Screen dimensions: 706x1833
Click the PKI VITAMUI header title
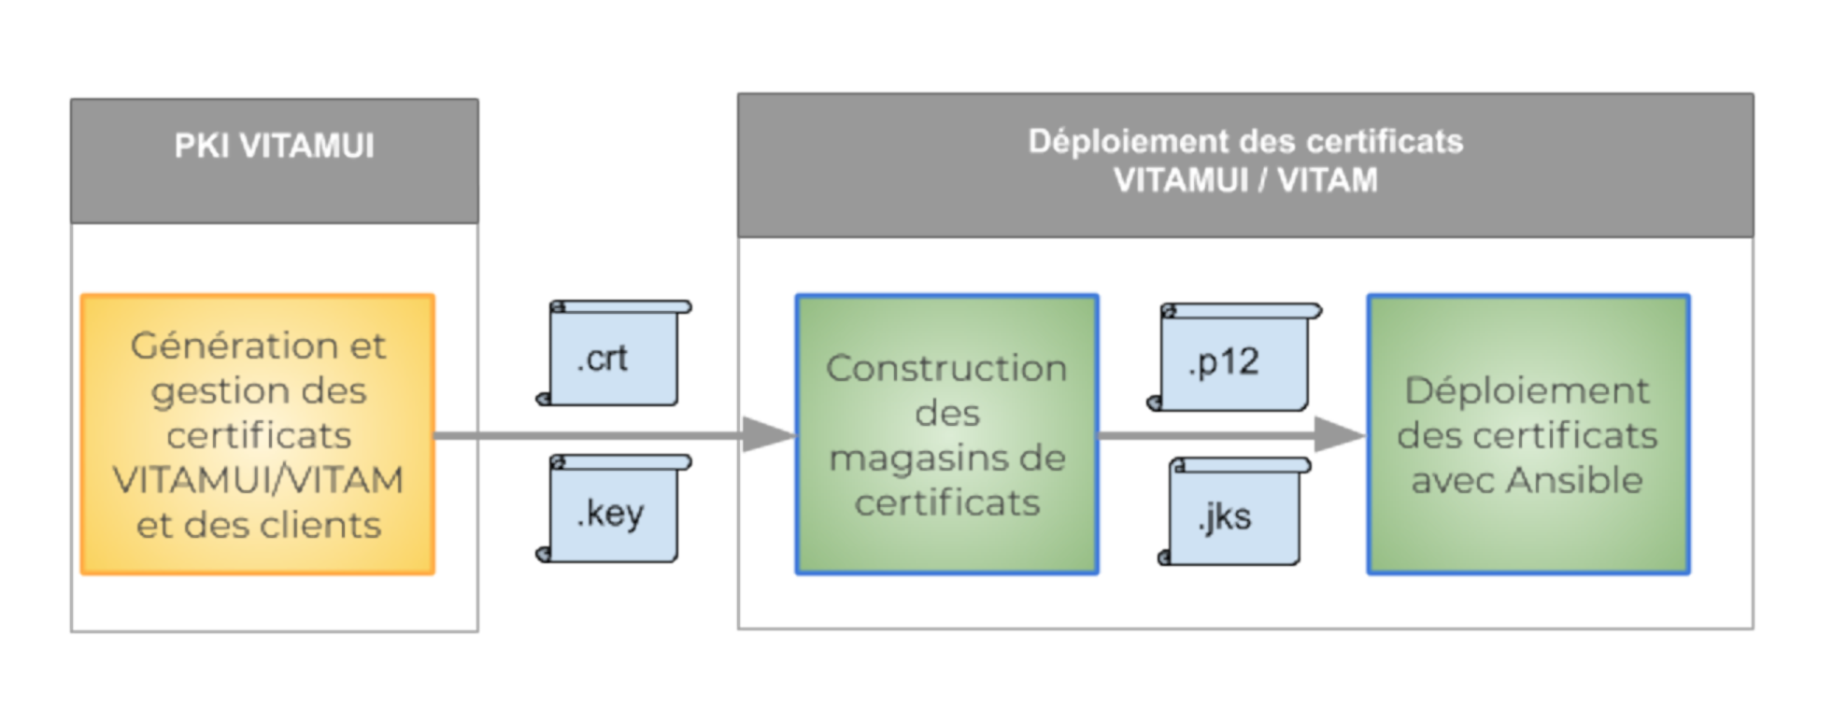(x=274, y=147)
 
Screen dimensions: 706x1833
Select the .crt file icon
(x=613, y=356)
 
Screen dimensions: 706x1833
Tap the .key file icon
(x=613, y=512)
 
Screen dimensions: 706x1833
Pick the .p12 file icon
(x=1230, y=360)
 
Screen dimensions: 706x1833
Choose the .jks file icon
(x=1232, y=515)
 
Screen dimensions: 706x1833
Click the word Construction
(x=946, y=368)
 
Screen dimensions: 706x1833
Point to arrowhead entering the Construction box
(x=768, y=435)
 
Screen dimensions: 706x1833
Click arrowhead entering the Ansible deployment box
(x=1339, y=435)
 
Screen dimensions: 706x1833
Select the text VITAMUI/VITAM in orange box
(x=258, y=480)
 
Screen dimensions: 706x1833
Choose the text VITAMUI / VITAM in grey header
(x=1245, y=180)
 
